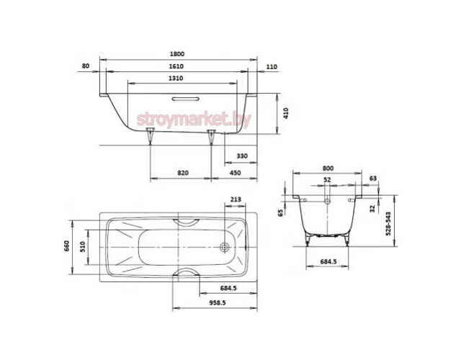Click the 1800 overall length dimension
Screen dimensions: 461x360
pyautogui.click(x=177, y=54)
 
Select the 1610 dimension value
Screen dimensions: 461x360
pyautogui.click(x=176, y=66)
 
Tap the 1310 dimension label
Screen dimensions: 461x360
pyautogui.click(x=176, y=78)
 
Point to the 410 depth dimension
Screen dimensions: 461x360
pyautogui.click(x=286, y=113)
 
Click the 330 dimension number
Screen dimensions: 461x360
pyautogui.click(x=242, y=156)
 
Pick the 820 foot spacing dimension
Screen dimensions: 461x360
pyautogui.click(x=183, y=173)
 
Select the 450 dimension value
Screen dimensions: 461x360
pyautogui.click(x=235, y=173)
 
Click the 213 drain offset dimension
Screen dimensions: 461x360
pyautogui.click(x=236, y=199)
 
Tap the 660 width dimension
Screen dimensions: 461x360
pyautogui.click(x=66, y=246)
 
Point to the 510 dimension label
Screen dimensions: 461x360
pyautogui.click(x=82, y=247)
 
